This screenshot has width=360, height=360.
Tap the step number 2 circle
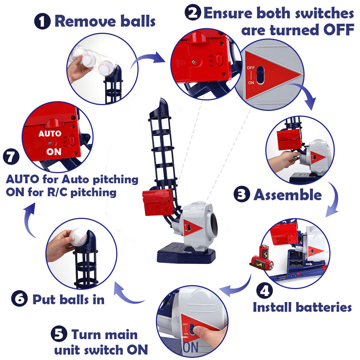pos(193,13)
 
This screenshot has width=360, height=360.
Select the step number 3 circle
pos(242,194)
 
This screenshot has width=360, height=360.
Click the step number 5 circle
pos(59,335)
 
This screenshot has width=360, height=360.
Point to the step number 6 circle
pos(19,299)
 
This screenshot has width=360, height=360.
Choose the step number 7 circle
pos(11,158)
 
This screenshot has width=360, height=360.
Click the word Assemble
pos(288,195)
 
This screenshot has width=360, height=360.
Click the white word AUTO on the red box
pos(50,134)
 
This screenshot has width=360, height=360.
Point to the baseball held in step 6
pos(78,237)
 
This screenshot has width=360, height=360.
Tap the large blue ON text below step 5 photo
pos(191,348)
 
